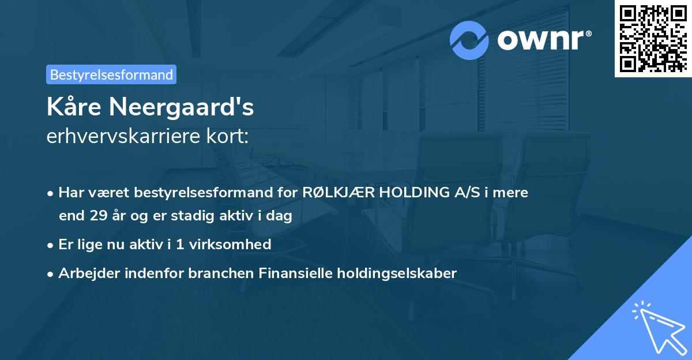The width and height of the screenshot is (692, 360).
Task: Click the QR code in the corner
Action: pos(653,39)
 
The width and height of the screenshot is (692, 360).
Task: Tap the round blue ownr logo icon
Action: pos(469,40)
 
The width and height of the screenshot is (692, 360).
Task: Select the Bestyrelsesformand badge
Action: pos(111,74)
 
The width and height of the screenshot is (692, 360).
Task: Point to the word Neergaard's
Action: pos(185,107)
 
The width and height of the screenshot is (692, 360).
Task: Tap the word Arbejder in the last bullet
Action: pos(85,273)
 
